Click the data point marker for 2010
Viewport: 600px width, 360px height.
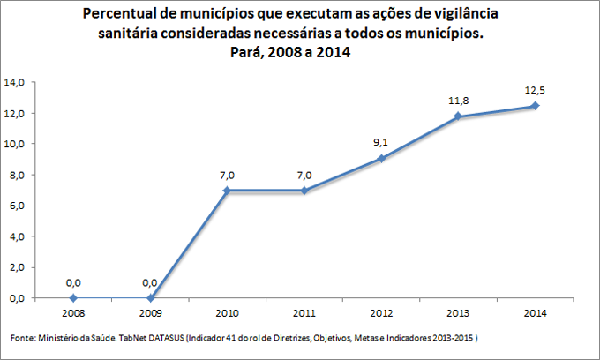click(x=227, y=191)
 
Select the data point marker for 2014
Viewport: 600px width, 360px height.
click(x=535, y=106)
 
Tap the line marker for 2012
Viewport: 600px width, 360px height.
click(x=381, y=159)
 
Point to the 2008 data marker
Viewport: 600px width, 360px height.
click(x=73, y=298)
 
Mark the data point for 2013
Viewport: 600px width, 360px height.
click(x=458, y=116)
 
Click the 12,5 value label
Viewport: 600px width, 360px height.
click(x=535, y=90)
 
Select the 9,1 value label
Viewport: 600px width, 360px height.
click(x=381, y=143)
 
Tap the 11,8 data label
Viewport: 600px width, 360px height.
click(x=458, y=101)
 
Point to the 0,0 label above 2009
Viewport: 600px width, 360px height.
click(x=150, y=282)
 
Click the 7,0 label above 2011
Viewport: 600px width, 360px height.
click(x=304, y=175)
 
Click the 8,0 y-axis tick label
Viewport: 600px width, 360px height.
click(x=18, y=175)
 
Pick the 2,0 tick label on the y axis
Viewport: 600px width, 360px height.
click(x=18, y=267)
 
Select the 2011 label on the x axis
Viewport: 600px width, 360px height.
click(x=304, y=312)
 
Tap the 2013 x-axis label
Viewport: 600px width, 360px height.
click(x=458, y=312)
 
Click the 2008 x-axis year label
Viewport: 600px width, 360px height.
click(x=73, y=312)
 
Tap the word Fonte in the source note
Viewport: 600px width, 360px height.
click(x=23, y=338)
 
